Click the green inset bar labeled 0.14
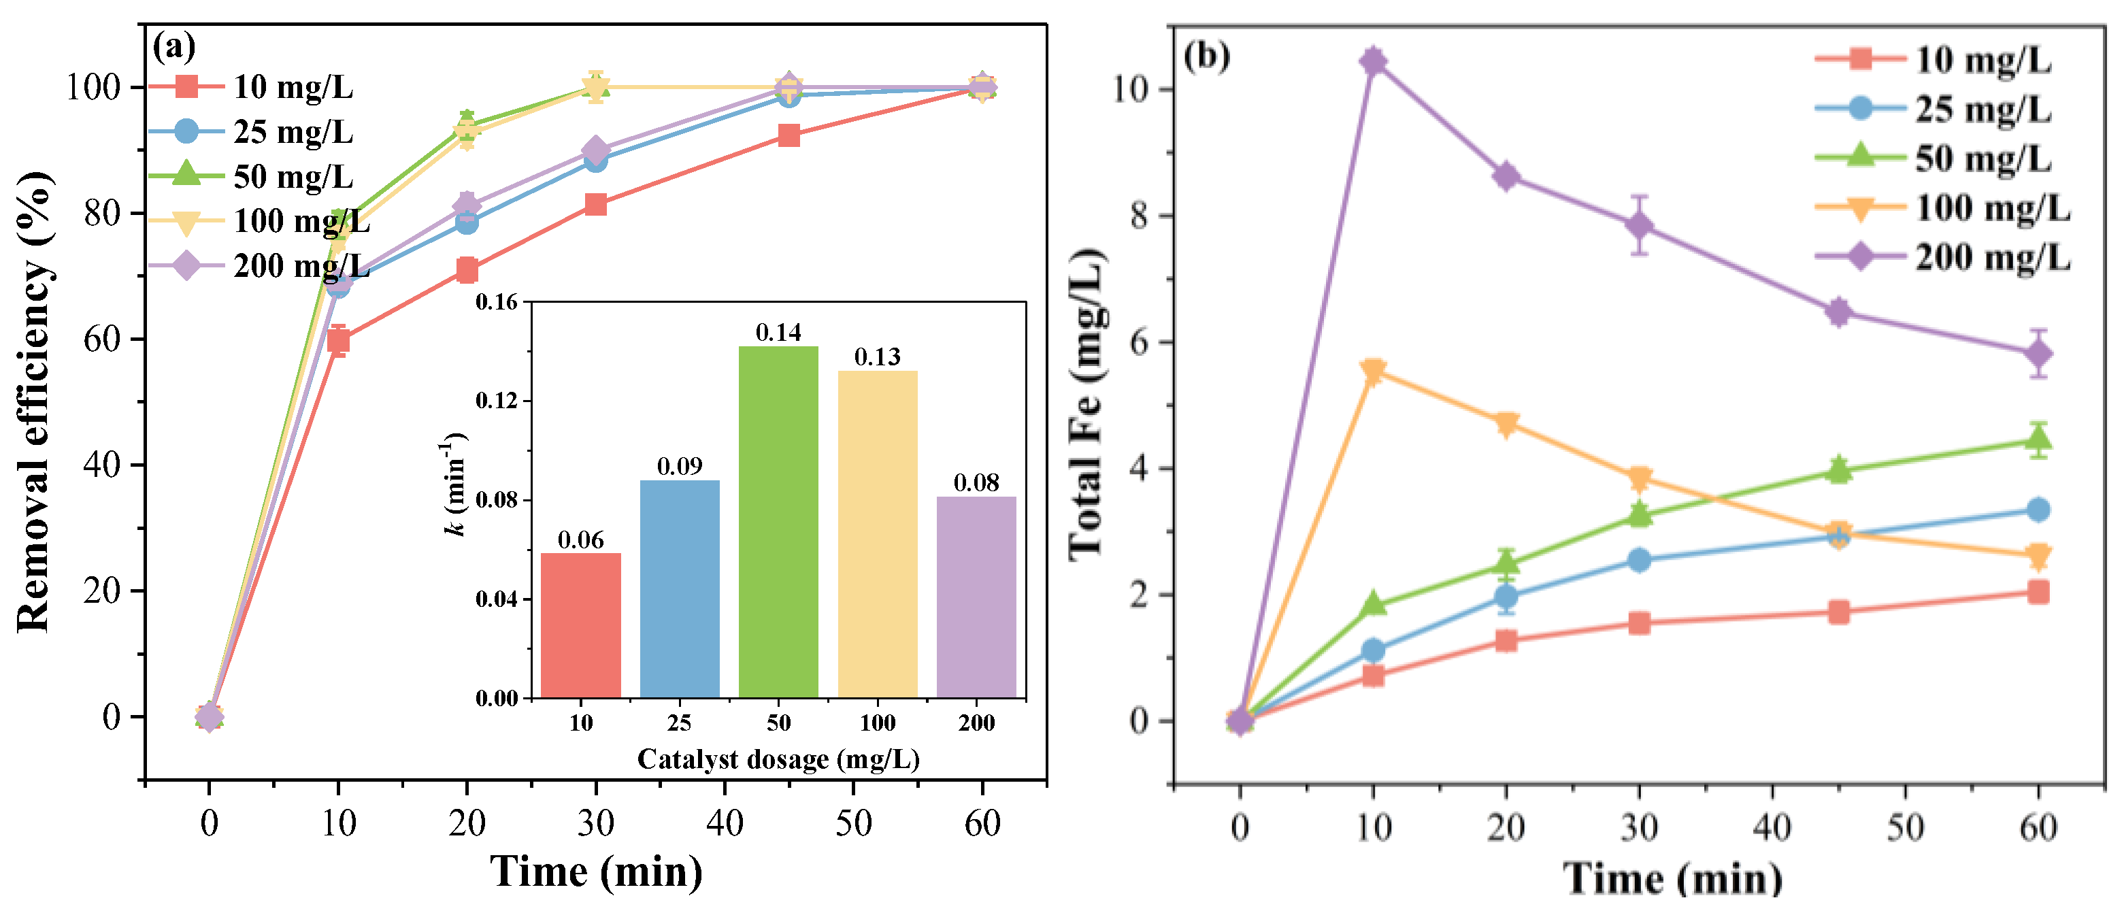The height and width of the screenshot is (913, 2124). click(x=778, y=521)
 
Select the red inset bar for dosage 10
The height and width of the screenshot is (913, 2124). click(x=580, y=625)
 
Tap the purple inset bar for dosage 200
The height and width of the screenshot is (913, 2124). click(x=976, y=597)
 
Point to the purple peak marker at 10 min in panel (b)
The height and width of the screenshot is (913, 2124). click(x=1373, y=61)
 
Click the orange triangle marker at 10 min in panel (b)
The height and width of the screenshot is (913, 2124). click(x=1373, y=372)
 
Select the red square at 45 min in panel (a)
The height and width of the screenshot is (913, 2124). click(x=789, y=135)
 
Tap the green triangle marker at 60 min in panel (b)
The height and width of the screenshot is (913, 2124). click(x=2038, y=439)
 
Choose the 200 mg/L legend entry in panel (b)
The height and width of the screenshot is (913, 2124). click(x=1991, y=257)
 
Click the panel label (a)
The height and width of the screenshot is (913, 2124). click(x=174, y=46)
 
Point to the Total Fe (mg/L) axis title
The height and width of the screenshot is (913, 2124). click(x=1086, y=404)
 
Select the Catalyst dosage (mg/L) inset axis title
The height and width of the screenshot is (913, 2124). click(x=778, y=759)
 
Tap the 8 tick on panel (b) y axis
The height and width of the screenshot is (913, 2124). click(x=1140, y=216)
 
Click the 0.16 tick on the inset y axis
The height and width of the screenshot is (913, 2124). click(x=497, y=302)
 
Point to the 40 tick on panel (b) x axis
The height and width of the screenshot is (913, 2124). click(x=1772, y=827)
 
